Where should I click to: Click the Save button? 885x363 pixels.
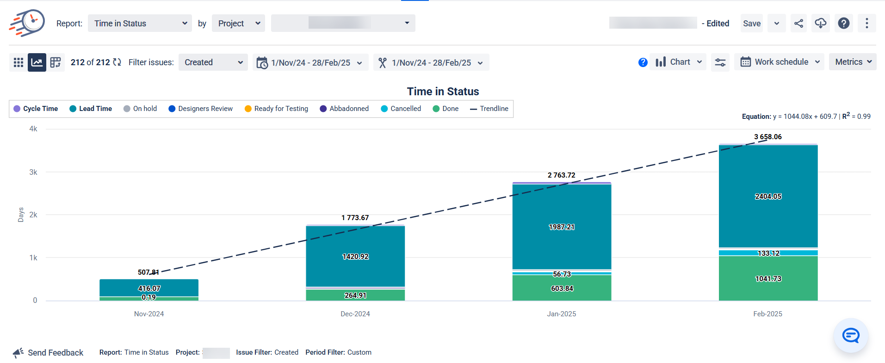coord(751,24)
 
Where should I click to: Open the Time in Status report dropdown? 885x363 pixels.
coord(140,24)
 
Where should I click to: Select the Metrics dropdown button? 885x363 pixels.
coord(852,62)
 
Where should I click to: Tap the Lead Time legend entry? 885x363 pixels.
coord(91,109)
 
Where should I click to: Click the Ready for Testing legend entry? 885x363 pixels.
coord(276,109)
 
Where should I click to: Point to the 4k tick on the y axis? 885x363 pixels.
coord(33,129)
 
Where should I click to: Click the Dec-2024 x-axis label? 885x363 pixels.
coord(355,314)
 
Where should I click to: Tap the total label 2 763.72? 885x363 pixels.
coord(561,175)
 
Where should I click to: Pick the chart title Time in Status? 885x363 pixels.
coord(443,92)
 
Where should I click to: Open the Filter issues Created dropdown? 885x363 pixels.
coord(213,62)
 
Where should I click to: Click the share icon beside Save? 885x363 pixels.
coord(798,24)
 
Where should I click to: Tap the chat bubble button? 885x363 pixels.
coord(850,335)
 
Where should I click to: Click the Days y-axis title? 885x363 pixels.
coord(21,215)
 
